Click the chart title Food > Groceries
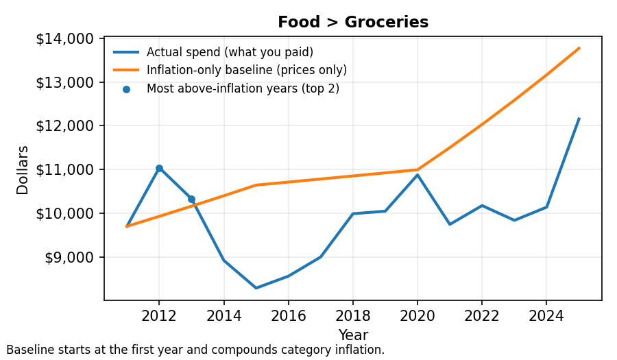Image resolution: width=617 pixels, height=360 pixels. point(352,23)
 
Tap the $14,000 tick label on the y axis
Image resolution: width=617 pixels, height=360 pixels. point(66,39)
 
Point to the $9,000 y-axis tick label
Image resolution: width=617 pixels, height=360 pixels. point(69,257)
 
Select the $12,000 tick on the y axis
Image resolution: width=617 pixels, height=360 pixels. point(66,126)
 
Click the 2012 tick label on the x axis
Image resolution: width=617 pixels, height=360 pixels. point(159,316)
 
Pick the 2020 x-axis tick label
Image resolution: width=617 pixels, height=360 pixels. point(417,316)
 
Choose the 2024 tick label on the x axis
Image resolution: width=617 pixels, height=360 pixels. point(546,316)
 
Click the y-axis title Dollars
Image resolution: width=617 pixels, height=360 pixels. point(23,170)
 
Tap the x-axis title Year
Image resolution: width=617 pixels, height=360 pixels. point(352,335)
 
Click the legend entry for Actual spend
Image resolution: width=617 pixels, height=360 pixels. point(230,52)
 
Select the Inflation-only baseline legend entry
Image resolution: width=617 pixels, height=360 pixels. point(246,70)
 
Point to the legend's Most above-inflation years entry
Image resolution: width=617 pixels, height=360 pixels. point(243,88)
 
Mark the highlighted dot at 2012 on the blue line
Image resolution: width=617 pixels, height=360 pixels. point(159,168)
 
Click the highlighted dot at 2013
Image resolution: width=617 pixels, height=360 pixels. point(191,200)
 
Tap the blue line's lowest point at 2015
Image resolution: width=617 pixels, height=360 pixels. point(256,288)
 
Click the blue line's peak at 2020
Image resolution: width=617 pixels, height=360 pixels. point(417,175)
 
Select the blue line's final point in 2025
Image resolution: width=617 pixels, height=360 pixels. point(579,119)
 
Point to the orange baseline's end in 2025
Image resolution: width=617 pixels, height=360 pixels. point(579,48)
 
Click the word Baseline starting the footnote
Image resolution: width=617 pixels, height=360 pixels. point(28,350)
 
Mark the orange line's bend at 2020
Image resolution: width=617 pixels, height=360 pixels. point(417,169)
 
